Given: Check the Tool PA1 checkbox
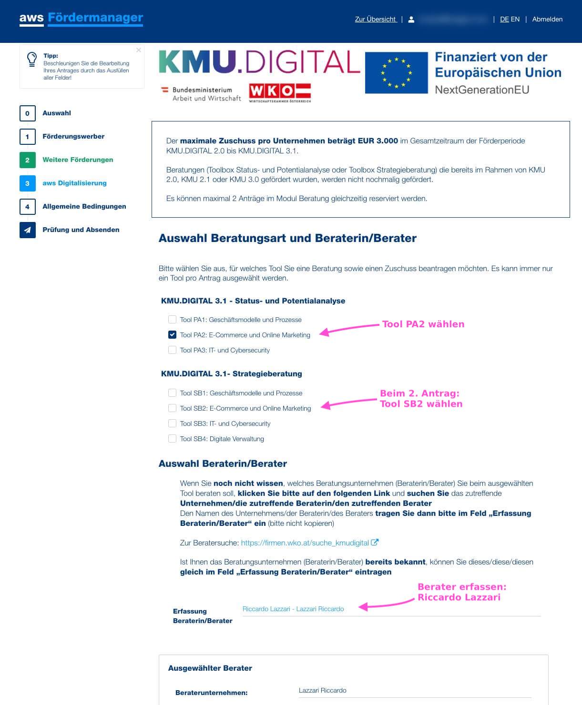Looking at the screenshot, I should point(172,320).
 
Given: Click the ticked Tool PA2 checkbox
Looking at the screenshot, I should point(172,335).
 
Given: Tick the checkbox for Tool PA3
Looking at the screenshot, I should point(172,350).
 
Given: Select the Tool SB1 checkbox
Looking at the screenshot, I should point(172,393).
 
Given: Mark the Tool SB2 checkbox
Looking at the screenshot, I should point(172,408).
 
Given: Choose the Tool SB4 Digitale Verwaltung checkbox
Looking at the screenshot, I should point(172,439).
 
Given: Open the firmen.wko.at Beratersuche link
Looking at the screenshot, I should point(305,543).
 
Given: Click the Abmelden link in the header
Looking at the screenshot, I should point(547,20).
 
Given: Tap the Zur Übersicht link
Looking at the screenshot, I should point(376,20).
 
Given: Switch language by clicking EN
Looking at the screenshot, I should point(515,20).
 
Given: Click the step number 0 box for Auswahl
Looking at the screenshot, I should point(27,113).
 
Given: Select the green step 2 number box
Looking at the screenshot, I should point(27,160).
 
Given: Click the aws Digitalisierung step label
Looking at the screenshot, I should point(74,183).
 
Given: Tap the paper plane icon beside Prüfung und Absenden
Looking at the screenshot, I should point(27,230).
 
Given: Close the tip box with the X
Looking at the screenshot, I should point(138,50).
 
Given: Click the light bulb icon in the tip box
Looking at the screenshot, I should point(32,59).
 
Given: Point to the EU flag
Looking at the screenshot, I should point(396,73).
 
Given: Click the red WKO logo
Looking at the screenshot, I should point(280,92).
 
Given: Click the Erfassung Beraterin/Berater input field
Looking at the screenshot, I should point(391,609).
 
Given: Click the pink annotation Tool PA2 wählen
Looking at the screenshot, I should point(423,324).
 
